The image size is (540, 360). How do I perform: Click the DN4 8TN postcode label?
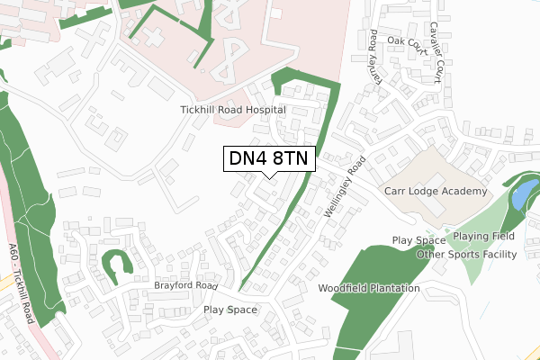click(269, 158)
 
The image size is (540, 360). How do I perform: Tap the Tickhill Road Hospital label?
click(232, 110)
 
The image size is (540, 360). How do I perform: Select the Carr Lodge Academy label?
click(436, 192)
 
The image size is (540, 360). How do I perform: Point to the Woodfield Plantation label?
click(369, 289)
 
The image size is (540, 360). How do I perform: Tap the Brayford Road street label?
click(186, 285)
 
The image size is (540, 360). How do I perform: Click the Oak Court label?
click(405, 41)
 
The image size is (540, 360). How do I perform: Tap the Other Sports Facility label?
click(466, 255)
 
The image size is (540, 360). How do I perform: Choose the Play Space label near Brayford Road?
click(230, 310)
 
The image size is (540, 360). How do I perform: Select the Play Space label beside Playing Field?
click(418, 240)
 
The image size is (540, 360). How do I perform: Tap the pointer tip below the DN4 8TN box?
click(269, 177)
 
